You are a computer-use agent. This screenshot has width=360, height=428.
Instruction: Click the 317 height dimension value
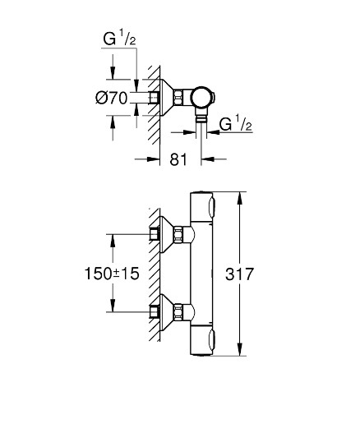[x=239, y=274]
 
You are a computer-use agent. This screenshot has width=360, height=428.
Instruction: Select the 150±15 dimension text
[x=112, y=274]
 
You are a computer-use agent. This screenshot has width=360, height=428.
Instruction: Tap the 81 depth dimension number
[x=178, y=159]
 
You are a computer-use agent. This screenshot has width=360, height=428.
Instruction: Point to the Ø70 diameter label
[x=112, y=98]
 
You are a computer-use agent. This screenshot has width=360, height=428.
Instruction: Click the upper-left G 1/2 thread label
[x=119, y=39]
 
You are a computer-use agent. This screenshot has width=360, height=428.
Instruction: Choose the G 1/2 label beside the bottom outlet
[x=236, y=124]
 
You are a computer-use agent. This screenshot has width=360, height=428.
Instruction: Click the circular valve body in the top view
[x=201, y=98]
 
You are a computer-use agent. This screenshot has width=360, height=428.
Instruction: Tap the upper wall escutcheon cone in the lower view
[x=166, y=234]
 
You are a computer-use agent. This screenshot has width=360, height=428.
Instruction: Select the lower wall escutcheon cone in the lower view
[x=166, y=311]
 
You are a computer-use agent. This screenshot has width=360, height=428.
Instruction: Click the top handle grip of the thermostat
[x=212, y=206]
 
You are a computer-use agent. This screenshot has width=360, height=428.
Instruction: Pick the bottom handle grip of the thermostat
[x=212, y=340]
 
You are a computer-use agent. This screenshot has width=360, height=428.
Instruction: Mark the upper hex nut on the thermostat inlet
[x=178, y=234]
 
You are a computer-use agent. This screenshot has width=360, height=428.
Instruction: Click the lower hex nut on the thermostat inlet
[x=178, y=311]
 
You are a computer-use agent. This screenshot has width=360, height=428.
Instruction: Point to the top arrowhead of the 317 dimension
[x=240, y=198]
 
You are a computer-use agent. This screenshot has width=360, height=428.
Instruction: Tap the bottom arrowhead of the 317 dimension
[x=240, y=349]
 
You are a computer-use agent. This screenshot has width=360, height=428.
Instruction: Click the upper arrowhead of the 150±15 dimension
[x=113, y=241]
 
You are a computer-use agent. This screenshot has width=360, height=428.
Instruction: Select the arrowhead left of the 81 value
[x=153, y=159]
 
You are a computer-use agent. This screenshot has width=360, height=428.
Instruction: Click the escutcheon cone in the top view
[x=166, y=98]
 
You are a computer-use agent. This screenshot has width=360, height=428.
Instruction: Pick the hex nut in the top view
[x=178, y=98]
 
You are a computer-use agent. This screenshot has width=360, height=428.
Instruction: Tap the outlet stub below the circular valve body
[x=201, y=117]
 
